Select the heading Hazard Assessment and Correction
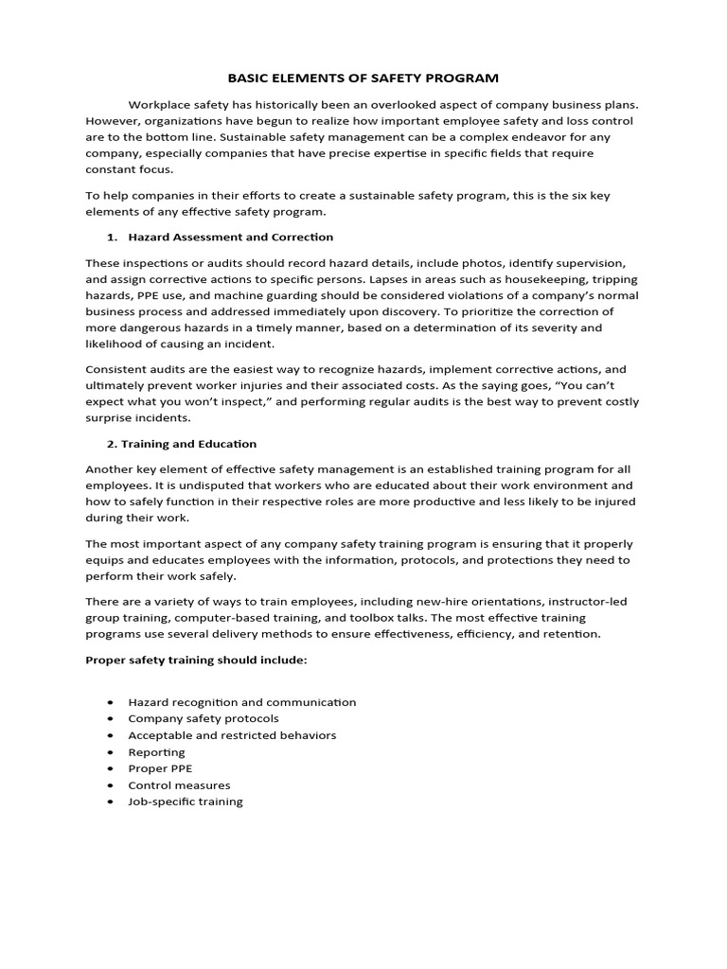231,237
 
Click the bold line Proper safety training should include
196,660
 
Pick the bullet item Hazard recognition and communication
242,702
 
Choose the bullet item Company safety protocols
204,718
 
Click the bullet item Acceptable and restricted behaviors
232,735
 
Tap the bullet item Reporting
157,751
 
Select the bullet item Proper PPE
160,768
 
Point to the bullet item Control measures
179,784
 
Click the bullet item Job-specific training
186,802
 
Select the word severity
553,327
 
